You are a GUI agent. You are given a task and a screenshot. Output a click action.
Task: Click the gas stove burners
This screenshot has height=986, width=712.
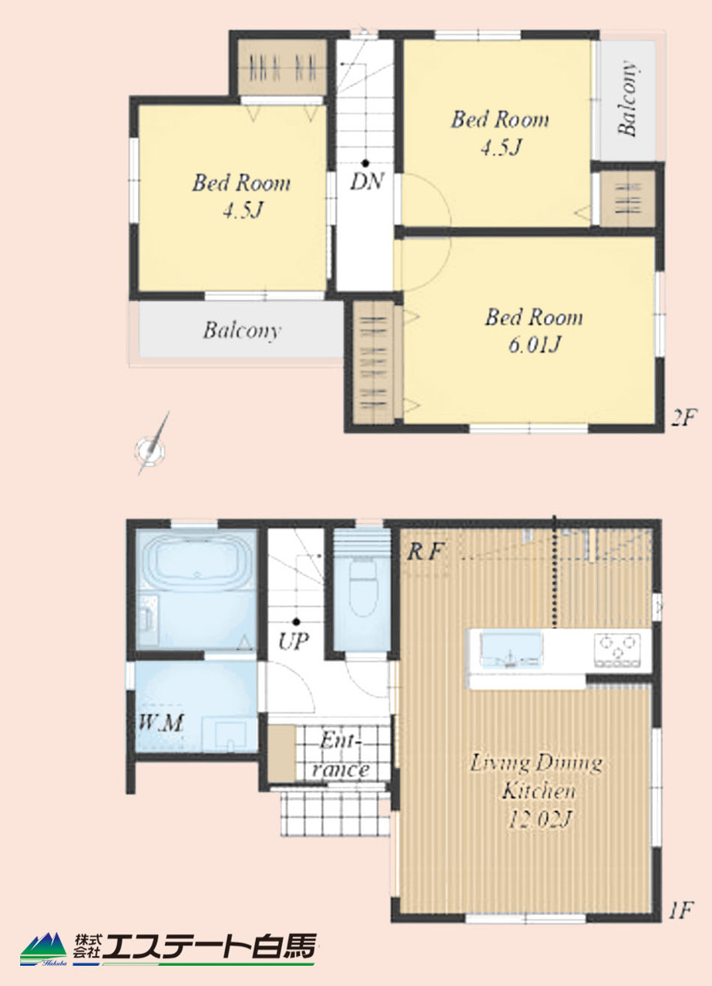coord(617,649)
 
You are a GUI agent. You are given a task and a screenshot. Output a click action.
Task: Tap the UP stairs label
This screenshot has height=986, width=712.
coord(294,642)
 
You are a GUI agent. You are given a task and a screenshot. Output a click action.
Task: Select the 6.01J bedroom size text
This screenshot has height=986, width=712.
coord(534,344)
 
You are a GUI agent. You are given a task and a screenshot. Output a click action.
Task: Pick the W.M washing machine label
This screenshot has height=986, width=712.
coord(160,723)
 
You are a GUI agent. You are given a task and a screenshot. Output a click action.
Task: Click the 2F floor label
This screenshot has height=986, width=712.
coord(683,418)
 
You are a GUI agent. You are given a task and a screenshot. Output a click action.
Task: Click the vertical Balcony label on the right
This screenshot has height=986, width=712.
coord(627,98)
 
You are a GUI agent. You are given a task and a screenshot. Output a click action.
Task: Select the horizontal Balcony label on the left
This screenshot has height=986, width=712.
coord(242,330)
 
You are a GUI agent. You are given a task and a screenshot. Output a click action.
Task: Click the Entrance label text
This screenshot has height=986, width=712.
coord(340,756)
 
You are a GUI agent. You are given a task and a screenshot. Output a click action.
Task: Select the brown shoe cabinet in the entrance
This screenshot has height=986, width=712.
coord(281,754)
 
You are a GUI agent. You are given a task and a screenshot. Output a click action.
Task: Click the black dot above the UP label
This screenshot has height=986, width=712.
coord(297,622)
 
